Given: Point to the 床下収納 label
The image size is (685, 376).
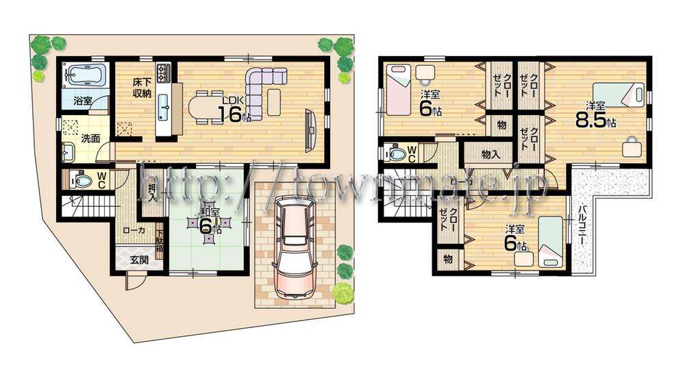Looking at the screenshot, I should (x=142, y=88).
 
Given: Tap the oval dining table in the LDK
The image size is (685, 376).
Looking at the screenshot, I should (x=205, y=108).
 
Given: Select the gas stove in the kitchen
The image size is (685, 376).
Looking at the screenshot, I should (x=164, y=71).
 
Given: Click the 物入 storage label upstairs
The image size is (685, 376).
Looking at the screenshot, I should (x=490, y=155).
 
